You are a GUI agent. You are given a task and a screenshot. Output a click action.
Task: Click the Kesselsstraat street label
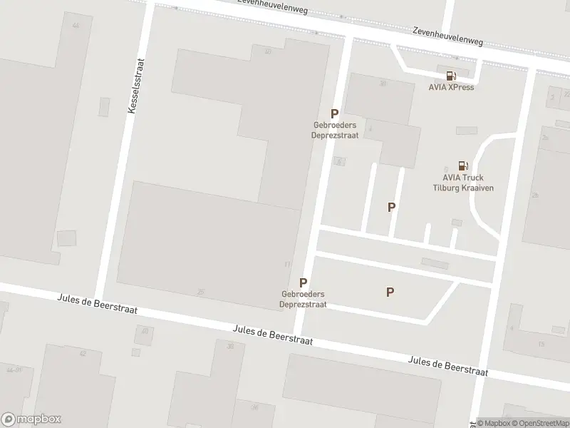pyautogui.click(x=133, y=88)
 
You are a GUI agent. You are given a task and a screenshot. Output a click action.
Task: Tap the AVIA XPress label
pyautogui.click(x=451, y=88)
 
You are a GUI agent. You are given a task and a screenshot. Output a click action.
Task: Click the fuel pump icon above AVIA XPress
pyautogui.click(x=451, y=76)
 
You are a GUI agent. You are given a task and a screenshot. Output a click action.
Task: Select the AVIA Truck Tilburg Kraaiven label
pyautogui.click(x=463, y=183)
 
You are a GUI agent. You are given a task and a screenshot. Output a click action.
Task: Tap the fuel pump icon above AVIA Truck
pyautogui.click(x=463, y=165)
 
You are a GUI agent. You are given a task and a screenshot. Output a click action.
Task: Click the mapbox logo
pyautogui.click(x=31, y=419)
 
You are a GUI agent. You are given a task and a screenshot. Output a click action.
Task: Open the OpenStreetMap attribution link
pyautogui.click(x=542, y=423)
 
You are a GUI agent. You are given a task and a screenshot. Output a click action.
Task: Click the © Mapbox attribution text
pyautogui.click(x=496, y=423)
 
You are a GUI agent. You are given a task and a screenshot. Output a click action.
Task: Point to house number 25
pyautogui.click(x=201, y=292)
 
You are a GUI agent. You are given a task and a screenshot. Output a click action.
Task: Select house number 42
pyautogui.click(x=83, y=353)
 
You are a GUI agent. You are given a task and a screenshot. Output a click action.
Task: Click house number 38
pyautogui.click(x=230, y=346)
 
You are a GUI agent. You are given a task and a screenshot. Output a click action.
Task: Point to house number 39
pyautogui.click(x=383, y=83)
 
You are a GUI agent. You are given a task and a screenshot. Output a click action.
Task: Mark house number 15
pyautogui.click(x=541, y=344)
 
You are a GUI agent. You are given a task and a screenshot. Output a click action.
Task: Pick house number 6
pyautogui.click(x=340, y=161)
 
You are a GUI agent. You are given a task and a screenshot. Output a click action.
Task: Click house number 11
pyautogui.click(x=287, y=265)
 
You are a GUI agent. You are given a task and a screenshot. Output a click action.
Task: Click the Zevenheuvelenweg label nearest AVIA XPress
pyautogui.click(x=447, y=37)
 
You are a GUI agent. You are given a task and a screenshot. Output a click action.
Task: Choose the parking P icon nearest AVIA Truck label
pyautogui.click(x=391, y=207)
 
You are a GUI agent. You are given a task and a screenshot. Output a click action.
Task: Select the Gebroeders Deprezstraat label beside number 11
pyautogui.click(x=304, y=298)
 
